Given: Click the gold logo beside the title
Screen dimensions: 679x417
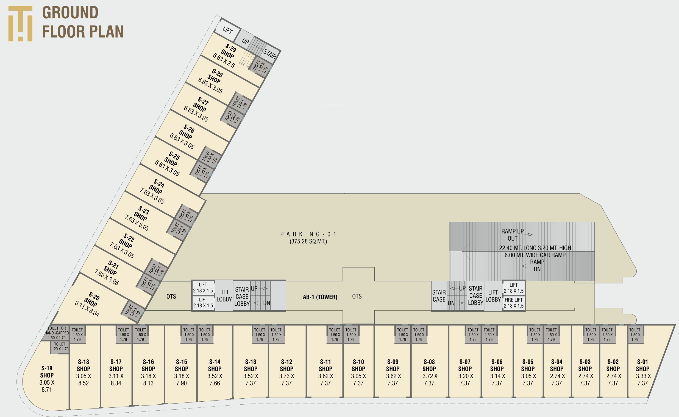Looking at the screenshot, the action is (x=20, y=24).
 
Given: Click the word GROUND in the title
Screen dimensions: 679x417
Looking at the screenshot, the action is (x=70, y=13).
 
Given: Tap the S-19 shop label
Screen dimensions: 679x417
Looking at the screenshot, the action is (x=47, y=368).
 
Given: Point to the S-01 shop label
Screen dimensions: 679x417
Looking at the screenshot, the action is (x=642, y=362).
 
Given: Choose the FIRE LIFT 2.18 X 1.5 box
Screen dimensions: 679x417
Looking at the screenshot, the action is (x=514, y=303).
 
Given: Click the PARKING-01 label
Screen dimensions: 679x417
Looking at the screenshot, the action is (x=308, y=234).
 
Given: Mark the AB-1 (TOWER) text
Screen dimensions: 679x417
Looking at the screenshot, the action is (x=320, y=297).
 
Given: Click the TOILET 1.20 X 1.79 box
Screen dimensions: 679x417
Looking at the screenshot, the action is (x=59, y=346).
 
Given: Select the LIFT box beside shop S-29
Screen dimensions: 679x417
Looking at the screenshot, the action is (x=227, y=30).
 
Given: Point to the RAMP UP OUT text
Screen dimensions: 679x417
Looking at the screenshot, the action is (x=513, y=235).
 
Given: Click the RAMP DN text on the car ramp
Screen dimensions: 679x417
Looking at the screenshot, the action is (x=537, y=265).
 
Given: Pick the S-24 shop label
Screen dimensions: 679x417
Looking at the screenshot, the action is (x=159, y=183).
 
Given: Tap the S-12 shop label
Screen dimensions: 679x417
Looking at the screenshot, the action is (x=286, y=362).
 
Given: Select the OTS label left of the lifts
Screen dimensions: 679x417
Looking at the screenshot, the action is (x=171, y=297).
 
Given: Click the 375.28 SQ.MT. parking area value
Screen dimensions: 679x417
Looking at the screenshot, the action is (x=308, y=242).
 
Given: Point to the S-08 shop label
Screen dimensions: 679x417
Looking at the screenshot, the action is (x=429, y=362).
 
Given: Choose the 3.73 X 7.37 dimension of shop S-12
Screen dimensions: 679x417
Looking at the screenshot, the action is (x=286, y=379).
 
